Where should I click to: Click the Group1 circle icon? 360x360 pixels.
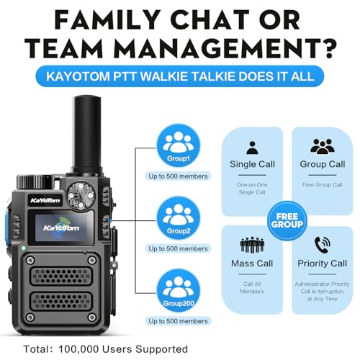pyautogui.click(x=179, y=146)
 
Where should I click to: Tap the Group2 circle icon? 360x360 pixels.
pyautogui.click(x=179, y=218)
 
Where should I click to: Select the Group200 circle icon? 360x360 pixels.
pyautogui.click(x=179, y=291)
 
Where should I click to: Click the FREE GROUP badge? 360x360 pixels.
pyautogui.click(x=287, y=221)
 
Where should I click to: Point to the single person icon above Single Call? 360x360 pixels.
pyautogui.click(x=252, y=148)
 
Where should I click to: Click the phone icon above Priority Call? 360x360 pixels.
pyautogui.click(x=323, y=245)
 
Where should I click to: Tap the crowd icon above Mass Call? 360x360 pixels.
pyautogui.click(x=252, y=245)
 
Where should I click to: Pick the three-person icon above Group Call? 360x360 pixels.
pyautogui.click(x=323, y=147)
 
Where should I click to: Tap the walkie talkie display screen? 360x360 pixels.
pyautogui.click(x=61, y=228)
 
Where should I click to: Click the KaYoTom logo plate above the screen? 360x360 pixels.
pyautogui.click(x=45, y=200)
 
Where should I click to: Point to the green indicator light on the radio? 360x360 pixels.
pyautogui.click(x=23, y=248)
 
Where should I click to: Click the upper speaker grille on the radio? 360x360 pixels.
pyautogui.click(x=61, y=276)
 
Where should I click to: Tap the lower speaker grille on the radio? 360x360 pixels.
pyautogui.click(x=61, y=302)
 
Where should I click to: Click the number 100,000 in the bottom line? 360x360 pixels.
pyautogui.click(x=78, y=349)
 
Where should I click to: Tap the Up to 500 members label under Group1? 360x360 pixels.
pyautogui.click(x=178, y=176)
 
